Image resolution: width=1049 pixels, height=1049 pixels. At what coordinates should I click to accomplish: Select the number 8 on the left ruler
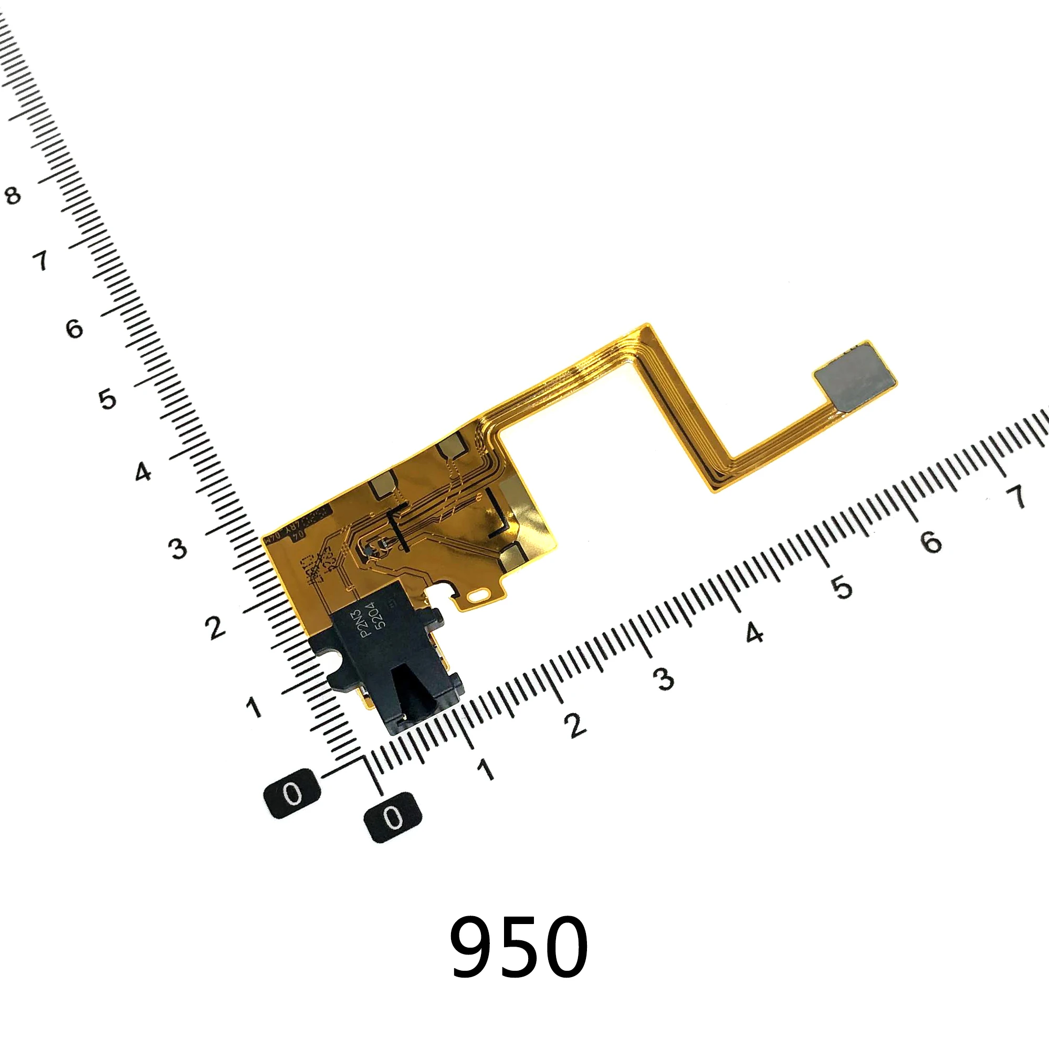pos(13,195)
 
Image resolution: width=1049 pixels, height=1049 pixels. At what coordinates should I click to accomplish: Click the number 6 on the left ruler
pos(75,329)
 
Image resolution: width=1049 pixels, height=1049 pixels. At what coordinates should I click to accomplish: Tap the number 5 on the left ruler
pos(108,399)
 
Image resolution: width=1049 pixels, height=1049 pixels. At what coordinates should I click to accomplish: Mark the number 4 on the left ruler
pos(143,473)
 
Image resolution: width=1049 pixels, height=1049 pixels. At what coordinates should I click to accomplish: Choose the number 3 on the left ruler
pos(178,549)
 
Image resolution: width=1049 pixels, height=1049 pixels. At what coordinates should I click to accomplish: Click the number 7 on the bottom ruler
pos(1015,496)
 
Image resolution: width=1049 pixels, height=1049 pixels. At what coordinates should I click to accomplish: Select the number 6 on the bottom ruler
pos(931,541)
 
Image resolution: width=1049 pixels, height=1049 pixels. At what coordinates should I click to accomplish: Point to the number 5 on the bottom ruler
pos(842,587)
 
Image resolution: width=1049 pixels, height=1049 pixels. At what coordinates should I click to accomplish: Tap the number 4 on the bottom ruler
pos(754,633)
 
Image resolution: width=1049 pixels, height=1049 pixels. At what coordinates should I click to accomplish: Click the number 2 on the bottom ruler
pos(575,725)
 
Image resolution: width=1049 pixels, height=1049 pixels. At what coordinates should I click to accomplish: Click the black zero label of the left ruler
pos(292,794)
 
